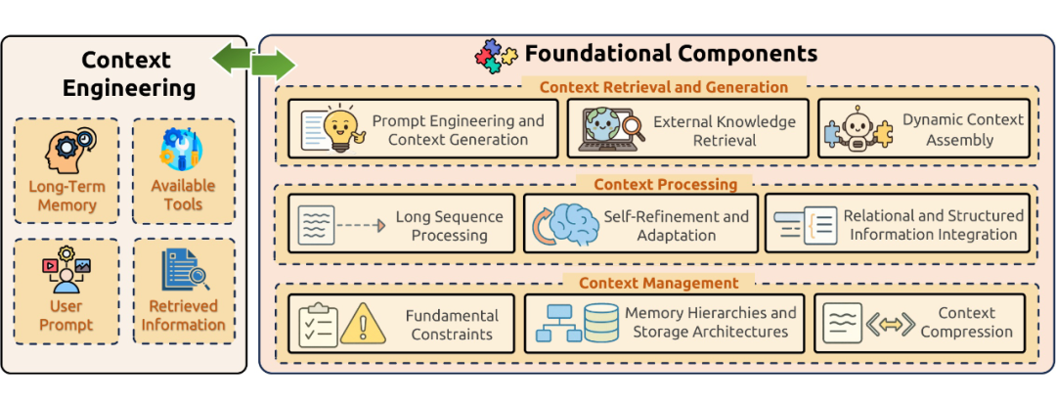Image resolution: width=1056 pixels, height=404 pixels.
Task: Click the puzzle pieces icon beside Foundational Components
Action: click(x=496, y=56)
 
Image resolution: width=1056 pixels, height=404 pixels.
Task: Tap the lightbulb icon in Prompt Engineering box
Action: click(x=341, y=128)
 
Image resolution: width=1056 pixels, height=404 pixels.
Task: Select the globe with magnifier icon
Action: click(x=607, y=128)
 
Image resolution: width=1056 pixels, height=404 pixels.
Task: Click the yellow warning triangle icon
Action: click(x=363, y=324)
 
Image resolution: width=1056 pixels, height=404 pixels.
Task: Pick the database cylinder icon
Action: click(x=600, y=323)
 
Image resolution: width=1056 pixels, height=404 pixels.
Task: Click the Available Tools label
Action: click(x=183, y=194)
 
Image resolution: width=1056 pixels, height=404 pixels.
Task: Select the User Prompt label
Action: click(x=66, y=316)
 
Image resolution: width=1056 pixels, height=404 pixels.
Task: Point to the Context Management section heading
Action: click(x=659, y=283)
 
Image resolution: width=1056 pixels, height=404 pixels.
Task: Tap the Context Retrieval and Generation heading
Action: click(x=664, y=87)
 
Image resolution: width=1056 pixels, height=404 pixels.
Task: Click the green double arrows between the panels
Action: click(x=254, y=63)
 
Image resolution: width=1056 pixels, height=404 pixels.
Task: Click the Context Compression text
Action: click(x=966, y=322)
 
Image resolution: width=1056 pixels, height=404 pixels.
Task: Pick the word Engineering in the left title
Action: click(x=129, y=88)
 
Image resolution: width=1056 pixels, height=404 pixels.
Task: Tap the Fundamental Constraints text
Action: click(x=452, y=325)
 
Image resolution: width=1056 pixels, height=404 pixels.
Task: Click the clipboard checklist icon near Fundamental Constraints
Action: click(x=318, y=325)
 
